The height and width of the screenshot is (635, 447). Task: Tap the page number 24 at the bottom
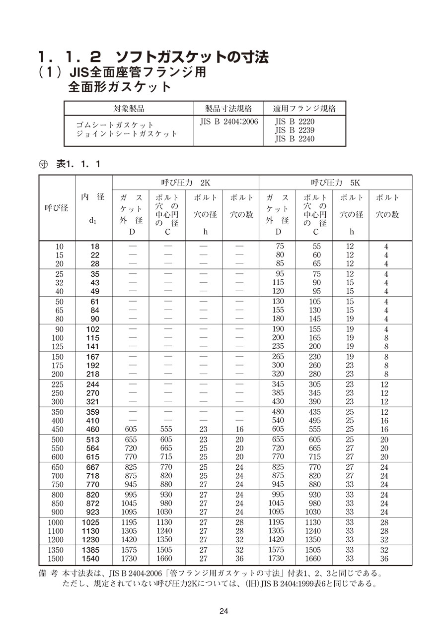pyautogui.click(x=223, y=611)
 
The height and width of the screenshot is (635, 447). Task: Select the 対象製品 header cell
pyautogui.click(x=129, y=109)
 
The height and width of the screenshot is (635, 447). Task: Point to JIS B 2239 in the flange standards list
pyautogui.click(x=295, y=130)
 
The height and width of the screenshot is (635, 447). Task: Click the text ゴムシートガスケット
pyautogui.click(x=115, y=125)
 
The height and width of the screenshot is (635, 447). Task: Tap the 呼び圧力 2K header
pyautogui.click(x=186, y=182)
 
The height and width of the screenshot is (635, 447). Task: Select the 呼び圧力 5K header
pyautogui.click(x=335, y=182)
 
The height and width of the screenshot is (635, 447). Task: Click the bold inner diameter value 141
pyautogui.click(x=92, y=347)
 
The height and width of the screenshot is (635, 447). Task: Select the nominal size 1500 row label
pyautogui.click(x=56, y=559)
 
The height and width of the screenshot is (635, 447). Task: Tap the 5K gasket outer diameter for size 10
pyautogui.click(x=279, y=246)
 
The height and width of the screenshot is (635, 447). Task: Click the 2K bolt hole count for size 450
pyautogui.click(x=239, y=429)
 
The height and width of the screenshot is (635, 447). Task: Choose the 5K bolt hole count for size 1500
pyautogui.click(x=384, y=559)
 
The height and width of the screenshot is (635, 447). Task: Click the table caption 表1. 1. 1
pyautogui.click(x=78, y=164)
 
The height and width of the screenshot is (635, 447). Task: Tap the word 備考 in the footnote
pyautogui.click(x=48, y=574)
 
